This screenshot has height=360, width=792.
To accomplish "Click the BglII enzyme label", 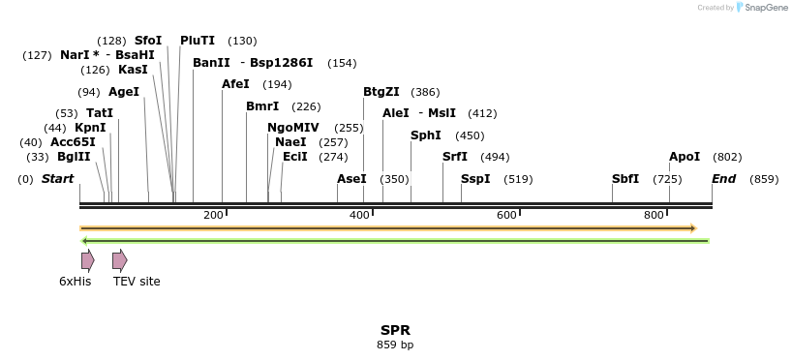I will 73,157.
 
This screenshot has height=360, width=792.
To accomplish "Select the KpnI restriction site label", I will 90,128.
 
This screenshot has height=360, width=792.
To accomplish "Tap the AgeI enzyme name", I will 124,92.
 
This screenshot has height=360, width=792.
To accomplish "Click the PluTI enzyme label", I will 198,41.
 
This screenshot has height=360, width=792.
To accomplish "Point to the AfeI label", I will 235,84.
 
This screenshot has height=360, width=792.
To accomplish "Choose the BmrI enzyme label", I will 262,106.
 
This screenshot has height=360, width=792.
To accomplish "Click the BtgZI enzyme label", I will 381,92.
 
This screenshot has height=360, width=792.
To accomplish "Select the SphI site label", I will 425,135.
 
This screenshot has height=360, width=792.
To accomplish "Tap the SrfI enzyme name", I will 455,157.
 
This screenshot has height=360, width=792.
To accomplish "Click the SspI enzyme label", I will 475,179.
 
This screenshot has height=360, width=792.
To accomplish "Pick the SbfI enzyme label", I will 625,179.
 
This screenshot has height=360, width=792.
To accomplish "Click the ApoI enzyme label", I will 685,157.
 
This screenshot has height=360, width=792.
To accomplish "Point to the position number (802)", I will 727,157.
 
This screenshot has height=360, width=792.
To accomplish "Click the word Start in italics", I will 57,179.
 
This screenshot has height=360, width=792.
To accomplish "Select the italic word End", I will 723,179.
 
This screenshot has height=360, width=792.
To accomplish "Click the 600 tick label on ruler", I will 506,215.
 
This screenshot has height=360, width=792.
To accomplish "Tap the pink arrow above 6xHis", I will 87,259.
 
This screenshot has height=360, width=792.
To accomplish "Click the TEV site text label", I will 137,282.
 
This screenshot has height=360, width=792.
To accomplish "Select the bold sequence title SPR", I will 395,330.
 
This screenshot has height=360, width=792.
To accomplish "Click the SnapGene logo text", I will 764,8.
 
